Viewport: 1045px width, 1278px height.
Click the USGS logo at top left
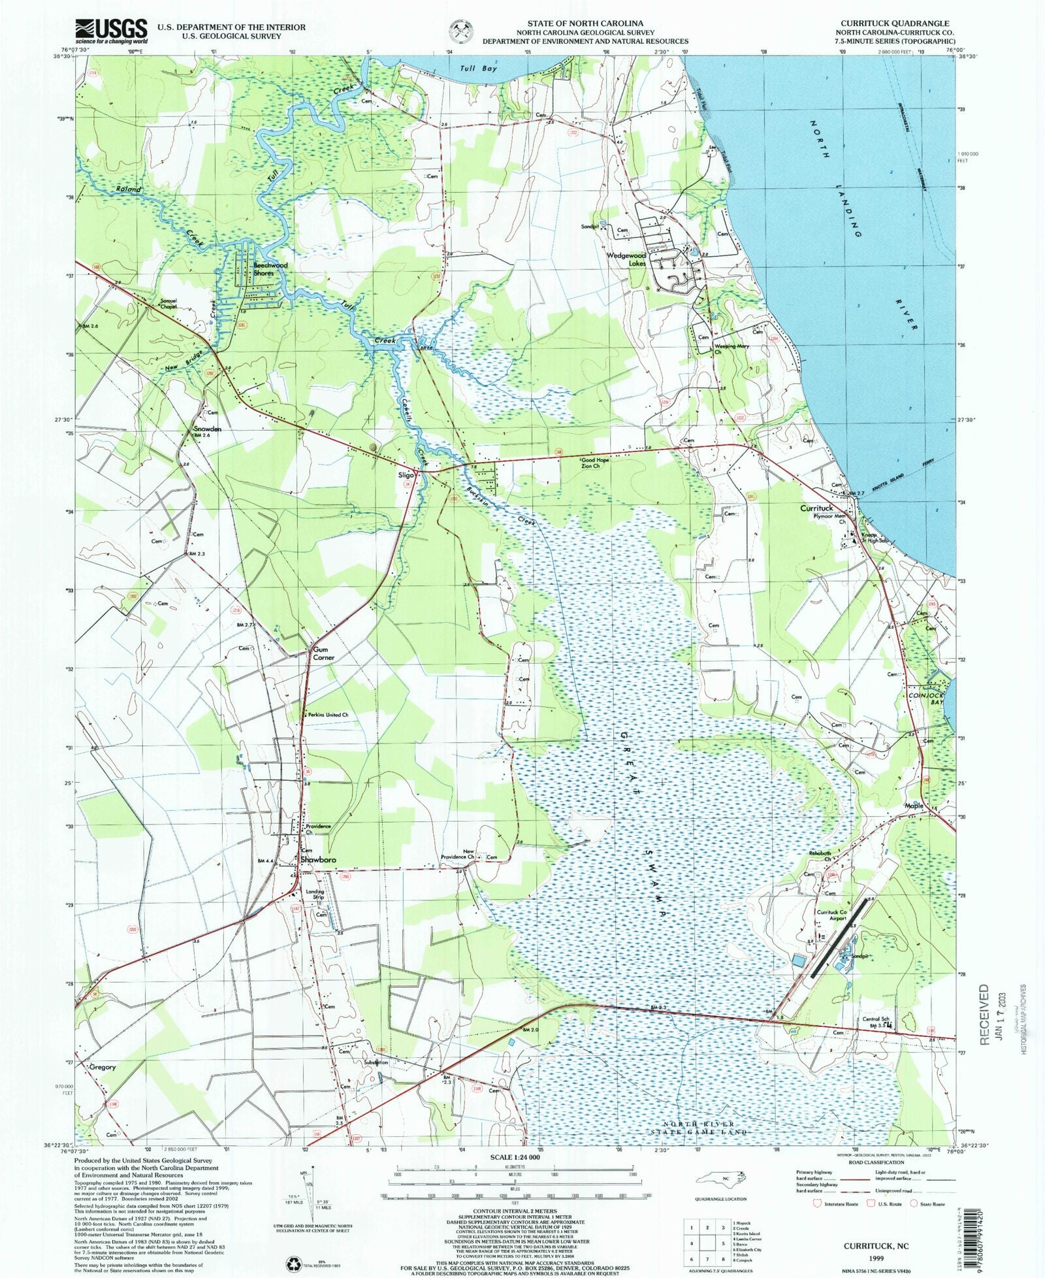112,30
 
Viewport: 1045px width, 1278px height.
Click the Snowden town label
207,429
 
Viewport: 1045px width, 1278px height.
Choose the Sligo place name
406,476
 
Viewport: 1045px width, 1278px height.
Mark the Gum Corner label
323,653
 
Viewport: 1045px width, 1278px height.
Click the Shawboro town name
318,860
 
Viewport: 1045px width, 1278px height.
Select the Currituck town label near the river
816,508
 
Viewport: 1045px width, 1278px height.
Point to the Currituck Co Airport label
831,915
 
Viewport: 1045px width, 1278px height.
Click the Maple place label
914,806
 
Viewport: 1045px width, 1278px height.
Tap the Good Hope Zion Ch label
595,463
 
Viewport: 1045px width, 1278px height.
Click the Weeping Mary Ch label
731,349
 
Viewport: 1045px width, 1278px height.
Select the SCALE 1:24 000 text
521,1157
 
